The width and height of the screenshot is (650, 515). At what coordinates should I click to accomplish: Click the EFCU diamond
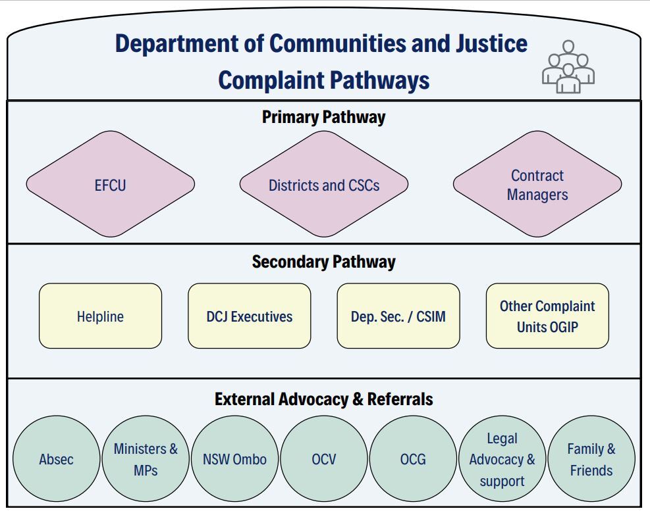pyautogui.click(x=110, y=185)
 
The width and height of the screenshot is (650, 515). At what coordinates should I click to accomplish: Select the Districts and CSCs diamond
pyautogui.click(x=323, y=185)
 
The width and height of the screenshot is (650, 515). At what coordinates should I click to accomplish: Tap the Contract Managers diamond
pyautogui.click(x=537, y=185)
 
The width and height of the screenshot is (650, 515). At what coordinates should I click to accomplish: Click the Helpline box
pyautogui.click(x=100, y=316)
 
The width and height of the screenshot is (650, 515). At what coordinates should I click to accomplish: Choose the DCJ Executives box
pyautogui.click(x=249, y=316)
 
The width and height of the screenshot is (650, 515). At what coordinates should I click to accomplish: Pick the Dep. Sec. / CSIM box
pyautogui.click(x=398, y=316)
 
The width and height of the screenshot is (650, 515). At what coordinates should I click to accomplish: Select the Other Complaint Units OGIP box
pyautogui.click(x=547, y=316)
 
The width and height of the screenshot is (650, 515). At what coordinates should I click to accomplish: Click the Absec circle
pyautogui.click(x=56, y=459)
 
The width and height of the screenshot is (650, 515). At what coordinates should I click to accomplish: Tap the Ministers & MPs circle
pyautogui.click(x=146, y=459)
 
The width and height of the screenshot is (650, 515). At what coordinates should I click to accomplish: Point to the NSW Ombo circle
pyautogui.click(x=234, y=459)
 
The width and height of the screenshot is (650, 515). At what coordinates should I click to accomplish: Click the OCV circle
pyautogui.click(x=323, y=459)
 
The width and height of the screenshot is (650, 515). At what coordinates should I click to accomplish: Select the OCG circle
pyautogui.click(x=413, y=459)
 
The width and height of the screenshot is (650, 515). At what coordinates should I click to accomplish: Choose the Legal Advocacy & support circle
pyautogui.click(x=502, y=459)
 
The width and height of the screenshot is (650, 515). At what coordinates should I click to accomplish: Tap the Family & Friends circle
pyautogui.click(x=591, y=459)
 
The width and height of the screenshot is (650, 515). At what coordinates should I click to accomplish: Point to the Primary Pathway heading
pyautogui.click(x=323, y=117)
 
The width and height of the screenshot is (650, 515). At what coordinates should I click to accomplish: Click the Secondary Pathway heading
pyautogui.click(x=323, y=262)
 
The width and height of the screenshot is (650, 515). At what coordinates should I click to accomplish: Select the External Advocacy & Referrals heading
pyautogui.click(x=323, y=399)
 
